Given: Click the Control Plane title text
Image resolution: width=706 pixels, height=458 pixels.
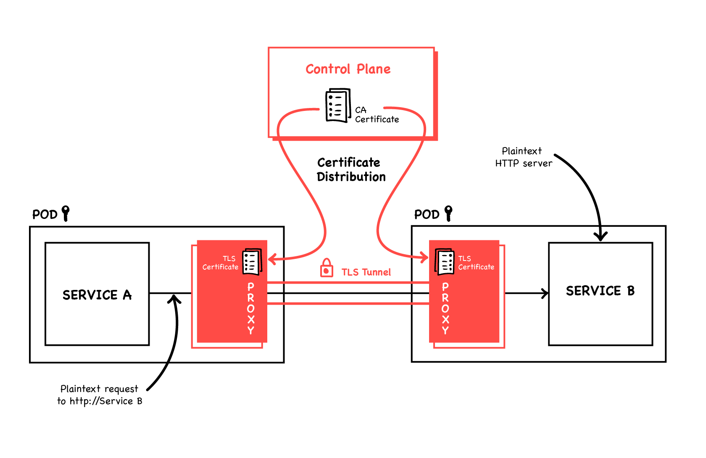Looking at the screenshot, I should pos(348,69).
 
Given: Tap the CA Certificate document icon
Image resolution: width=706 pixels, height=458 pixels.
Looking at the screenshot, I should pos(337,105).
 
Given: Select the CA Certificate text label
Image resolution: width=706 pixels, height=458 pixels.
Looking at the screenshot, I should pos(376,115).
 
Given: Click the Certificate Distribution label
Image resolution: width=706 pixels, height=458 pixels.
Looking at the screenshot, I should pos(350,169).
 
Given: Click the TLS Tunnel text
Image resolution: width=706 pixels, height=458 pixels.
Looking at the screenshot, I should pos(366,272).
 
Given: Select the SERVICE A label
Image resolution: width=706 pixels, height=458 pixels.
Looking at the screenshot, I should pos(97,295).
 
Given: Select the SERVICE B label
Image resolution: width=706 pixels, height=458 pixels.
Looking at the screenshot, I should pos(600,291).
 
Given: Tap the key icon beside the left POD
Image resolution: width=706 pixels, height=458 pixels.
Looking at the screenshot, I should pos(66,213).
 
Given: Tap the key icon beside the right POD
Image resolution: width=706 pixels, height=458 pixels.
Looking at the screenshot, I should pos(448,213).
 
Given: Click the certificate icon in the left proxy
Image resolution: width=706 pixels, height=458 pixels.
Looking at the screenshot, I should pos(252,261).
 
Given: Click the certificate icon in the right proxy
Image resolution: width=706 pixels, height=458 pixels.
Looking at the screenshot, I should pos(444,261).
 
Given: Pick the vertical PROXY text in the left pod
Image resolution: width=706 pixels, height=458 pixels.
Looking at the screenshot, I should pos(251,308).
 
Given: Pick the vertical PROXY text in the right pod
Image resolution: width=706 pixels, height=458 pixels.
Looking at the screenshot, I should pos(445,308).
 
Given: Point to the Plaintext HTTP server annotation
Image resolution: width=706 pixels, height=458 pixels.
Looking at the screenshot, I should pos(523,157).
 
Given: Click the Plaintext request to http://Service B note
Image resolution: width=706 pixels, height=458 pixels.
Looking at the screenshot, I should pos(100,395).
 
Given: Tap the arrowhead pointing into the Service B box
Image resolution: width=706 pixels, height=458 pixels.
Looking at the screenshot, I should pos(545,293).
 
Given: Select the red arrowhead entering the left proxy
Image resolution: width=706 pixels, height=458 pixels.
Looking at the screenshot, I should pos(272,259).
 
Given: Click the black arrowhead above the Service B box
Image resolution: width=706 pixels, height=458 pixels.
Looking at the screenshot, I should pos(601,236).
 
